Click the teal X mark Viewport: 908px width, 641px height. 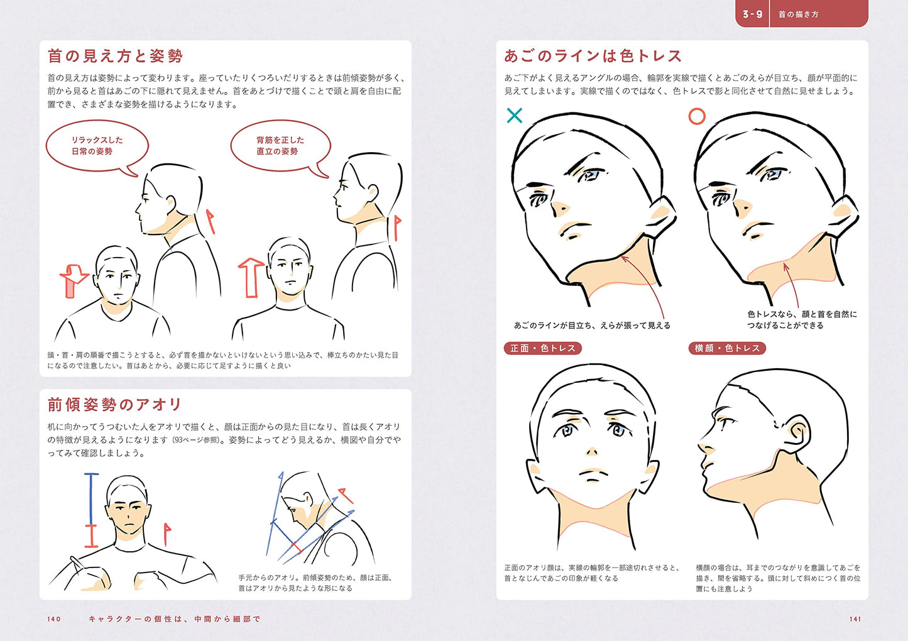[x=515, y=116]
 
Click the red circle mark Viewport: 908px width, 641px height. [x=697, y=116]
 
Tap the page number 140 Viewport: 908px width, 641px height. [x=54, y=619]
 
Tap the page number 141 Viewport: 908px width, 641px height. [x=855, y=619]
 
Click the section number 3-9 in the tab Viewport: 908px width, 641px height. [x=752, y=14]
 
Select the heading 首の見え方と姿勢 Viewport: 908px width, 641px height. [x=116, y=56]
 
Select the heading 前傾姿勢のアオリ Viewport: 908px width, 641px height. [x=115, y=404]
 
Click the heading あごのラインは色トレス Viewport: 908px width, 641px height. [x=593, y=56]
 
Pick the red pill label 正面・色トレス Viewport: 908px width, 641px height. [x=543, y=348]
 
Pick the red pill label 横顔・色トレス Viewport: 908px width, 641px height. [x=727, y=348]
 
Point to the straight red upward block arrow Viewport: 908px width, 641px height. [x=251, y=277]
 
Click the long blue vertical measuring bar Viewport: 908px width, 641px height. [x=90, y=499]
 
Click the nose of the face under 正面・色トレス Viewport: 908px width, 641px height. [x=592, y=451]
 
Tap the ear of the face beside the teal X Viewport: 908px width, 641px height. [x=663, y=214]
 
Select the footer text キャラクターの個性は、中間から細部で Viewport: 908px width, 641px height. [x=174, y=619]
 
